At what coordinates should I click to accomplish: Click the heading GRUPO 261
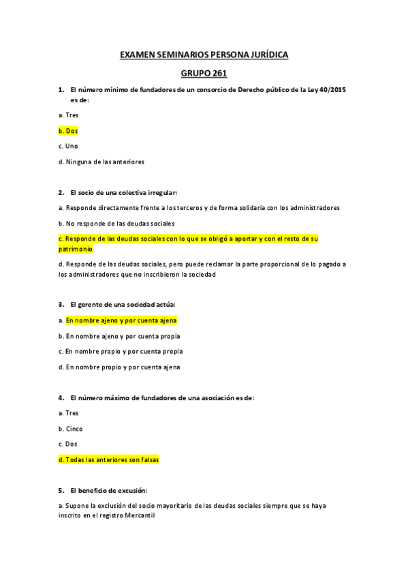(204, 73)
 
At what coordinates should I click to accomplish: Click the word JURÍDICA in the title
(269, 55)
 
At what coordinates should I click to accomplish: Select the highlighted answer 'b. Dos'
(68, 130)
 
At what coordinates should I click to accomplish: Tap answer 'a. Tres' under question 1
(68, 115)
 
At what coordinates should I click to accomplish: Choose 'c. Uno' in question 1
(68, 146)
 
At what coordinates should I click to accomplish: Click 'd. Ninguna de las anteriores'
(101, 162)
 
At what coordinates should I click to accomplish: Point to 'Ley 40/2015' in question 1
(332, 90)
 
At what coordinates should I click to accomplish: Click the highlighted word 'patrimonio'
(76, 249)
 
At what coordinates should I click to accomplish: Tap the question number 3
(61, 305)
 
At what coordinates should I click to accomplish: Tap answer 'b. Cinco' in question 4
(71, 429)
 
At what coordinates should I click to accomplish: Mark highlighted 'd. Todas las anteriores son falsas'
(109, 460)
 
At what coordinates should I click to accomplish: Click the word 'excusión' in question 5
(131, 491)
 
